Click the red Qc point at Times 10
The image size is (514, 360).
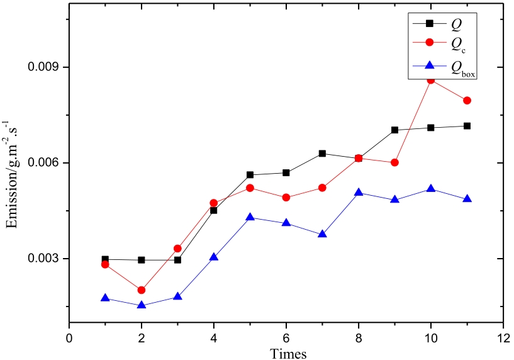[x=431, y=80]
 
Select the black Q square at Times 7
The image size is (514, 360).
[x=322, y=154]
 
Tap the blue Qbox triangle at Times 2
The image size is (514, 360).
[x=142, y=305]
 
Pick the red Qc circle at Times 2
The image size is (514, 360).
[x=142, y=290]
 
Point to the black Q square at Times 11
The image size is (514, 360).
[x=467, y=126]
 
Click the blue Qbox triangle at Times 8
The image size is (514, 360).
[x=359, y=192]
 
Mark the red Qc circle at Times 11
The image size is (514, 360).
[x=467, y=101]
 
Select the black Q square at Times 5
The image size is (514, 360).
[x=250, y=175]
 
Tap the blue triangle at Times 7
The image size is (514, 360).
[x=322, y=234]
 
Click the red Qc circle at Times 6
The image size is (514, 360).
[x=286, y=198]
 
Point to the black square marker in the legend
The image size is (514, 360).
[x=430, y=23]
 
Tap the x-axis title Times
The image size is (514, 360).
[x=288, y=353]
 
